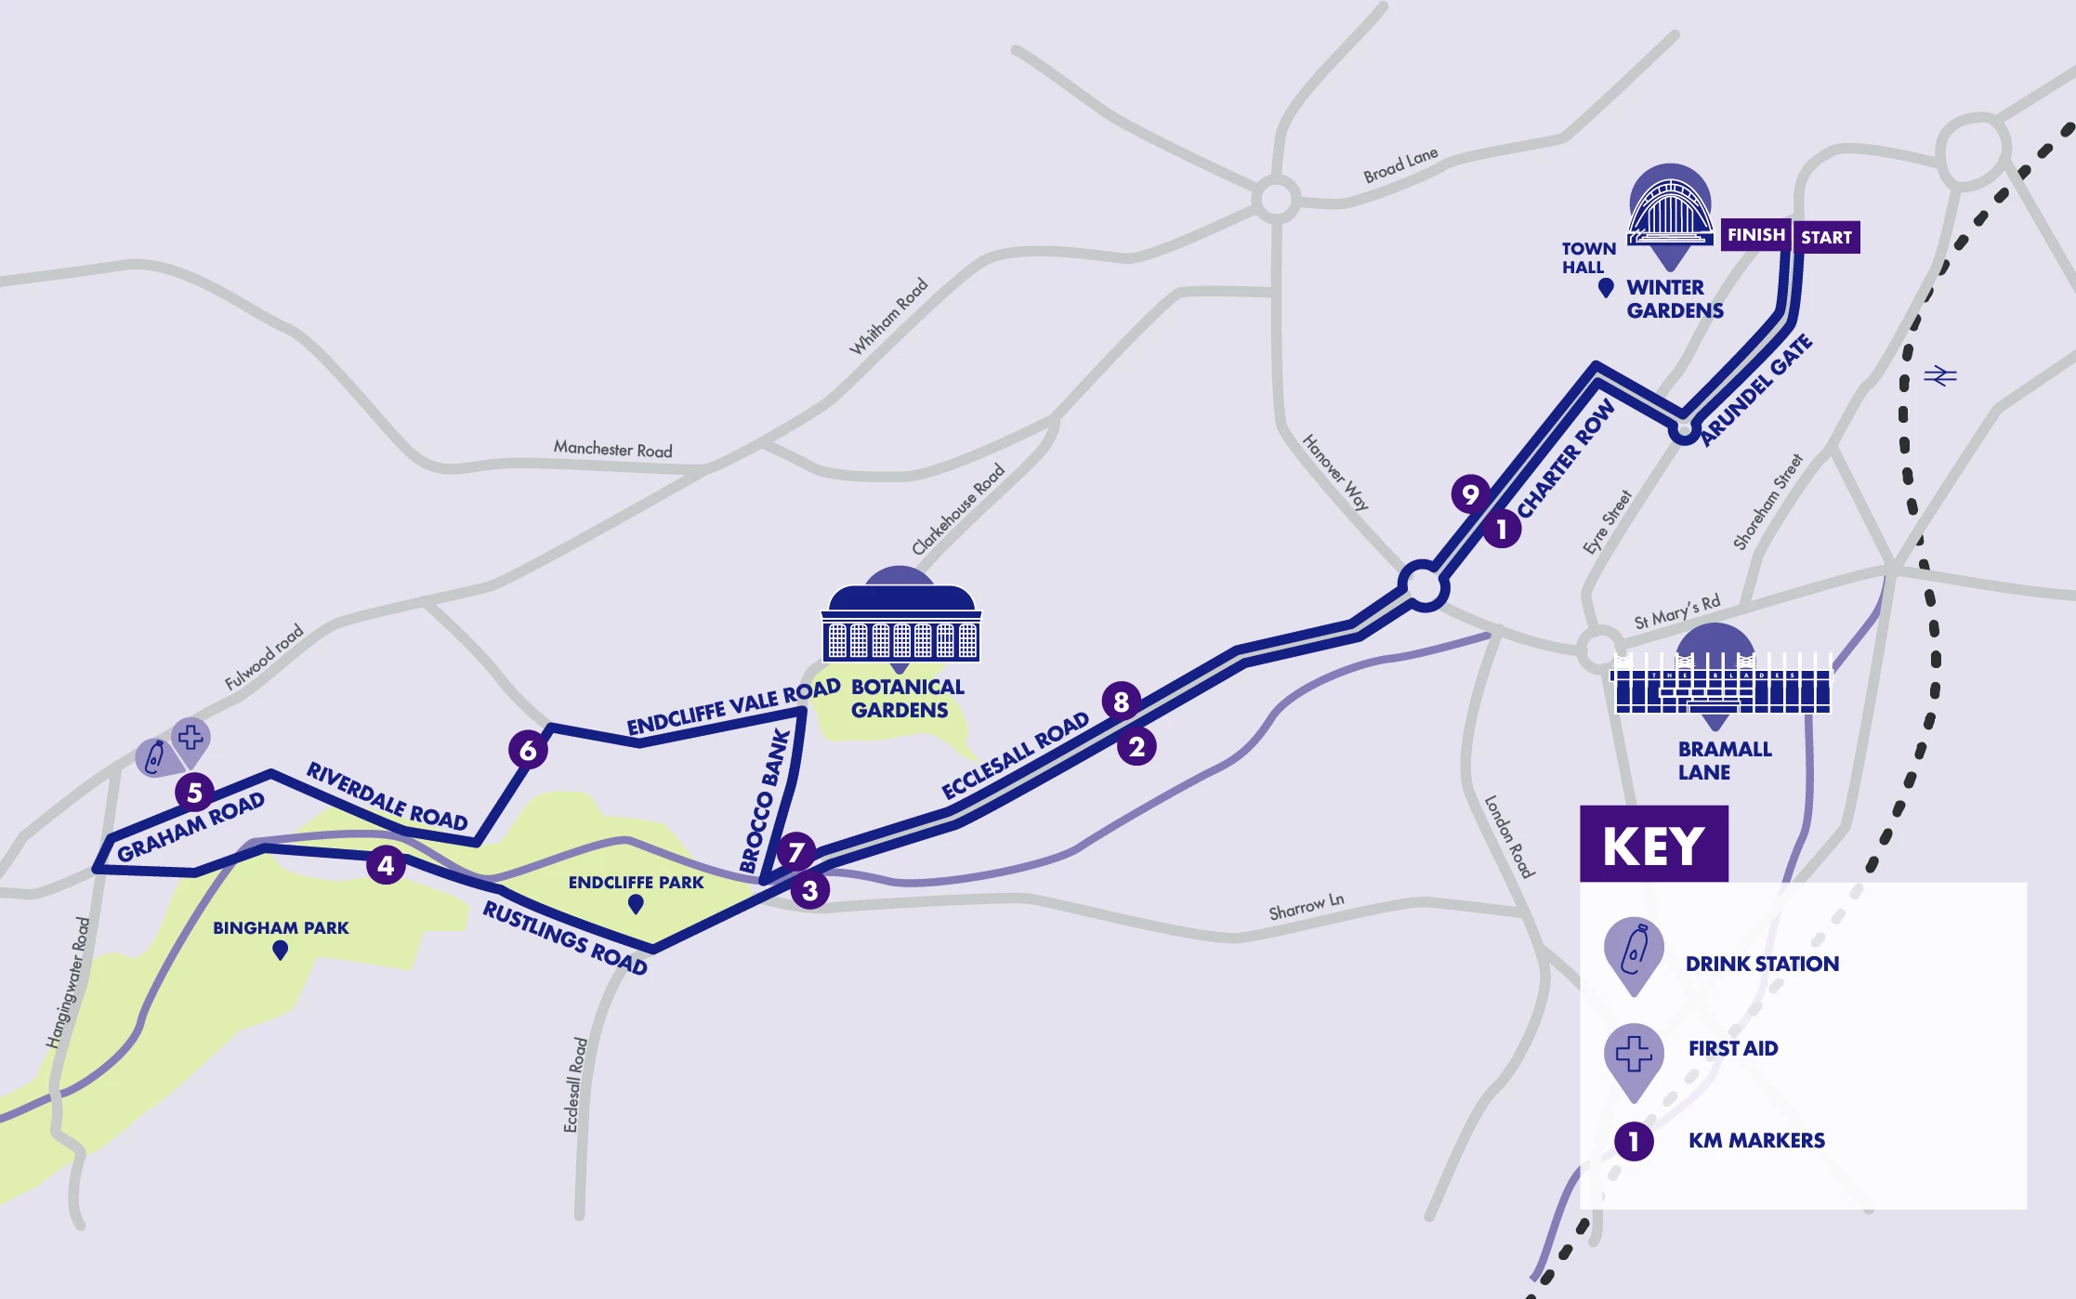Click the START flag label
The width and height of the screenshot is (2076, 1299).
[x=1826, y=237]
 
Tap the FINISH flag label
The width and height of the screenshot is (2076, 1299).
[x=1755, y=235]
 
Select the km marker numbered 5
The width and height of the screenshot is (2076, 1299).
[x=195, y=793]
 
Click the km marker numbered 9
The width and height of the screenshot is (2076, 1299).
[x=1470, y=493]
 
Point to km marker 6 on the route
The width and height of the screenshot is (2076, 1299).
[x=528, y=750]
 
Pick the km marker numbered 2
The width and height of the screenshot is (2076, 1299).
[x=1137, y=746]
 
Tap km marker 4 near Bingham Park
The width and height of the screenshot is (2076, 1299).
[x=386, y=866]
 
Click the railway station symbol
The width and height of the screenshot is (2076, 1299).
[x=1939, y=376]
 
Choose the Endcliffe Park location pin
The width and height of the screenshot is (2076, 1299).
[x=636, y=903]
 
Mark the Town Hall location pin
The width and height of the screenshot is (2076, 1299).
[x=1605, y=288]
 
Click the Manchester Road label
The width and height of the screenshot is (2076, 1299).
[x=612, y=450]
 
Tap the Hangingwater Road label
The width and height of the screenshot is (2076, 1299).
[x=69, y=983]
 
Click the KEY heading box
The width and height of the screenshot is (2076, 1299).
[x=1654, y=845]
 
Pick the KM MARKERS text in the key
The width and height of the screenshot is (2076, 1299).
[x=1756, y=1140]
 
